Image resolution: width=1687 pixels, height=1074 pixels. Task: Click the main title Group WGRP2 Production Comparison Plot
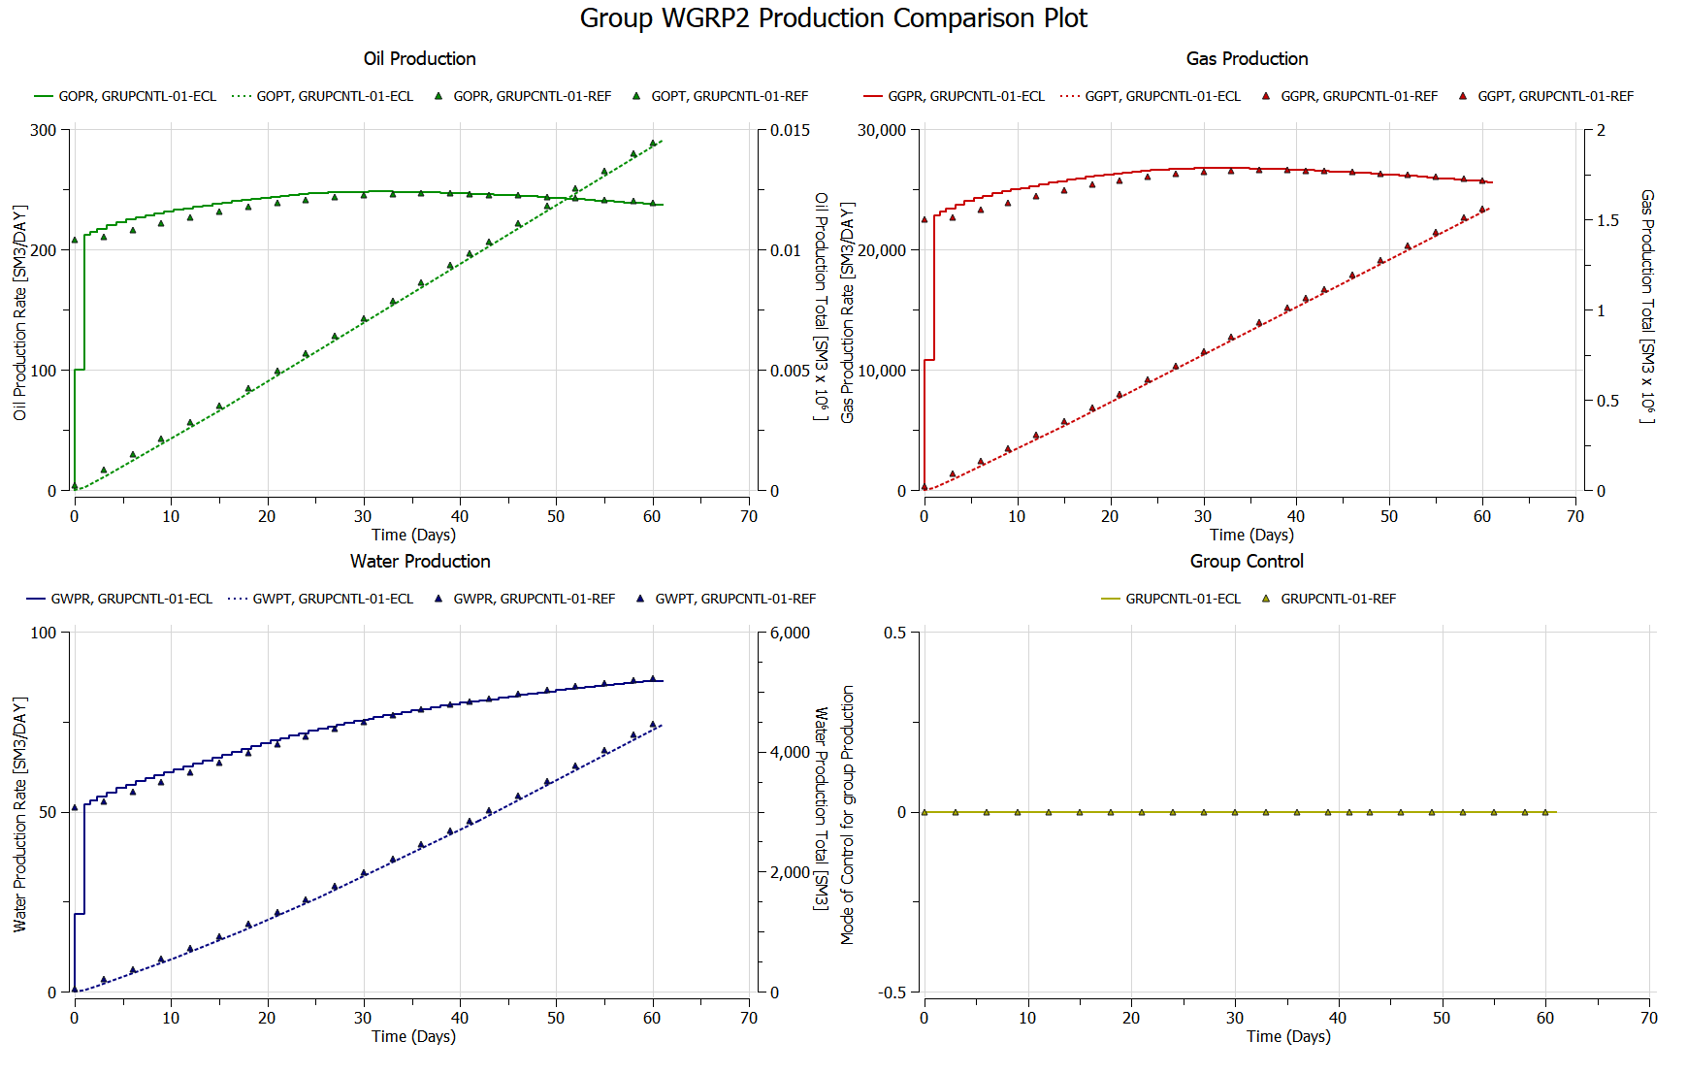[833, 18]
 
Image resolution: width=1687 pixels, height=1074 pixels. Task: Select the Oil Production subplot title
[419, 59]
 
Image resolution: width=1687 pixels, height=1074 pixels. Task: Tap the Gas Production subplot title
[1247, 59]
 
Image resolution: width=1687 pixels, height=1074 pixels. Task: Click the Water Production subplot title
[420, 562]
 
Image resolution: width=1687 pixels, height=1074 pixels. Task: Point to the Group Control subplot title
[1247, 562]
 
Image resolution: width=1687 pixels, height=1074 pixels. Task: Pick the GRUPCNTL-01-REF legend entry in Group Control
[1338, 599]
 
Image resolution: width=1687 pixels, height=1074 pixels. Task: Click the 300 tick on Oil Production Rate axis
[44, 130]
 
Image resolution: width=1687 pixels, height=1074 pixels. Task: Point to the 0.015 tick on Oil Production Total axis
[790, 130]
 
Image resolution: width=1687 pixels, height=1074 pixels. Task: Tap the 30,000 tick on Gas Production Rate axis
[881, 130]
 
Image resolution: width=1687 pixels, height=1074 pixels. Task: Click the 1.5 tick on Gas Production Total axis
[1607, 220]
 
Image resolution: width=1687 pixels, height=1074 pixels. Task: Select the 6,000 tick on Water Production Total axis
[790, 633]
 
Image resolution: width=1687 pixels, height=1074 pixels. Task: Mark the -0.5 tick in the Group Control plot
[892, 993]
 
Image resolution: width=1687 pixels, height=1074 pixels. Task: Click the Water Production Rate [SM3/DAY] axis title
[19, 814]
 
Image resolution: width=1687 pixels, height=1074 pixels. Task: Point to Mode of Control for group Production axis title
[848, 814]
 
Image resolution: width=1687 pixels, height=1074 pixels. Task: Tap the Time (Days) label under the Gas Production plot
[1251, 535]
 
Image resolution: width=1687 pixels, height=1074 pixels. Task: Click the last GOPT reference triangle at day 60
[653, 144]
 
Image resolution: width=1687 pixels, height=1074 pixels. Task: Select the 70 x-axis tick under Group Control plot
[1648, 1018]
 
